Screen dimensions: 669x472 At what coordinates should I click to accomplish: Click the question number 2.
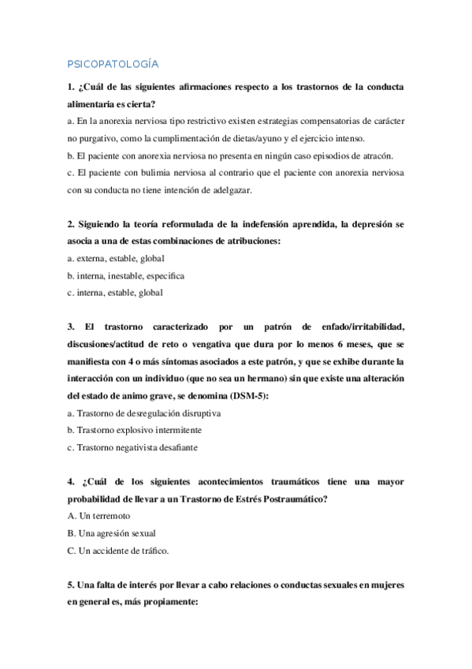click(x=70, y=224)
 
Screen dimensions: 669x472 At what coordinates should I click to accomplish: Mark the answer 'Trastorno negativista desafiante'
click(x=133, y=447)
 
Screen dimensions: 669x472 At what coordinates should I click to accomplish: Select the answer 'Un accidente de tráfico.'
click(x=118, y=551)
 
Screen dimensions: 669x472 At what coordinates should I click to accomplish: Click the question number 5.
click(x=70, y=585)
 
